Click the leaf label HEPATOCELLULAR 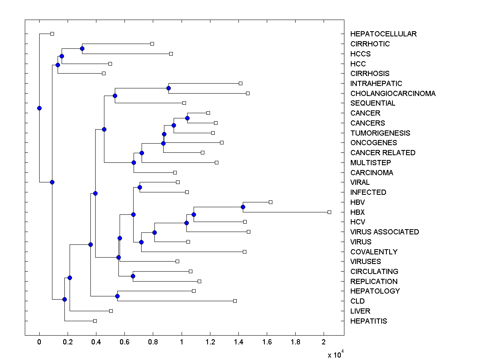(383, 34)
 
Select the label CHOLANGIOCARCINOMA (393, 94)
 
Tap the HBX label (358, 212)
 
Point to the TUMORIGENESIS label (380, 133)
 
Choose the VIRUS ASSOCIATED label (384, 232)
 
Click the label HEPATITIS (368, 321)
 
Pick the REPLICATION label (374, 282)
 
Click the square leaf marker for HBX (329, 212)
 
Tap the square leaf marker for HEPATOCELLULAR (52, 34)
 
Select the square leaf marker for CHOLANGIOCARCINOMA (248, 93)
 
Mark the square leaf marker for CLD (235, 301)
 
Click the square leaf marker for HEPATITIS (95, 321)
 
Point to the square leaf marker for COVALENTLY (244, 252)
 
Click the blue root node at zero (39, 108)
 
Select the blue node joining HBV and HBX (243, 207)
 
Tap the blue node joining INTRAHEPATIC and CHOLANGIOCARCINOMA (168, 88)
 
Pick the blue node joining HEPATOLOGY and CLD (117, 296)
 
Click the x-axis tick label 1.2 (210, 342)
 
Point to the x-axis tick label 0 (39, 342)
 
